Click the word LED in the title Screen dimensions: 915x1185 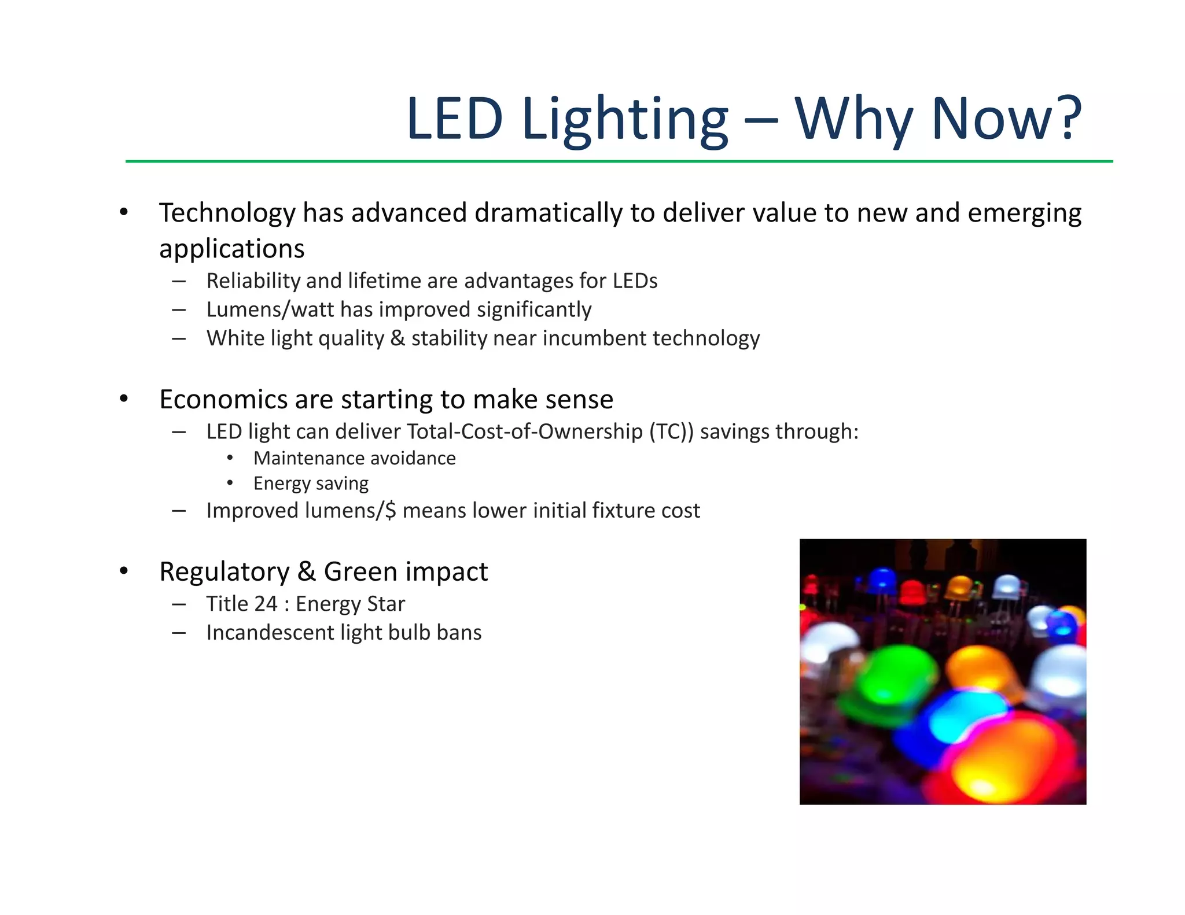455,119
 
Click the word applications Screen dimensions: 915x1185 231,249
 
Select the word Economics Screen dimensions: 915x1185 223,400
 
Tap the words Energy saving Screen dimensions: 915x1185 311,483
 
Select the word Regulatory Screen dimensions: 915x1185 224,571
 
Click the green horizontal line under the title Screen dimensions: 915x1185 619,161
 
